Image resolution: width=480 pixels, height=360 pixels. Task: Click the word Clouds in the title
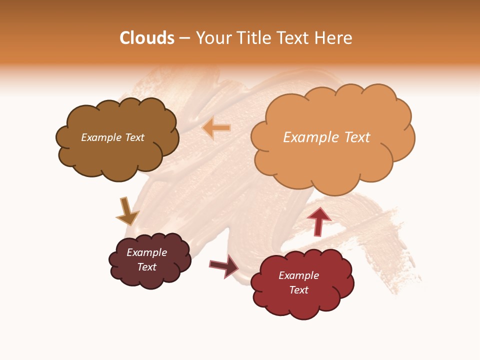147,38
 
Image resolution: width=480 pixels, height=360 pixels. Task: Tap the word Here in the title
333,38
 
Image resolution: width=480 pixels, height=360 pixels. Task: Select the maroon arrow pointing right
224,265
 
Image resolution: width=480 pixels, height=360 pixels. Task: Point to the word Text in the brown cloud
134,137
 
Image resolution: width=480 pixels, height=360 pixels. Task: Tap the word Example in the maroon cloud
147,252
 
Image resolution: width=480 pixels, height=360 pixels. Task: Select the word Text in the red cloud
298,290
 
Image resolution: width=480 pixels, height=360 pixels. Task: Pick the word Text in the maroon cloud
147,267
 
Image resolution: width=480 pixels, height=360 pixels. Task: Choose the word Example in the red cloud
298,275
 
